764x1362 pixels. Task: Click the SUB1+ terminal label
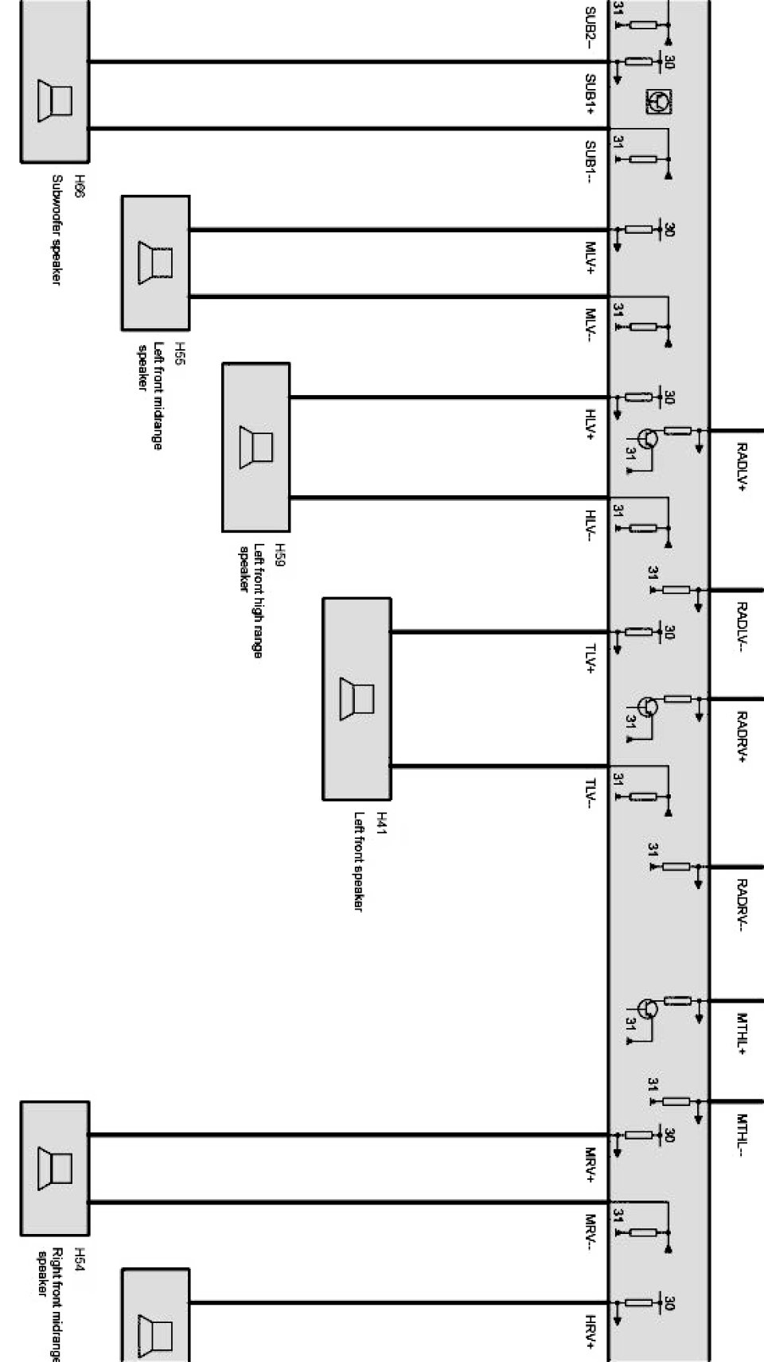click(x=592, y=95)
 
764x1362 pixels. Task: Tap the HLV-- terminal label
click(x=592, y=526)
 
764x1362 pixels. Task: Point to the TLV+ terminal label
click(x=592, y=658)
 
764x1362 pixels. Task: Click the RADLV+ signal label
click(x=742, y=468)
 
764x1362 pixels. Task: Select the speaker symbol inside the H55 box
click(x=155, y=262)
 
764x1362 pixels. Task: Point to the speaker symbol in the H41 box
click(x=357, y=699)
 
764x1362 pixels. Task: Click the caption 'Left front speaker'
click(x=359, y=861)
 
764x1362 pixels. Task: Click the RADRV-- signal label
click(x=742, y=905)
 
